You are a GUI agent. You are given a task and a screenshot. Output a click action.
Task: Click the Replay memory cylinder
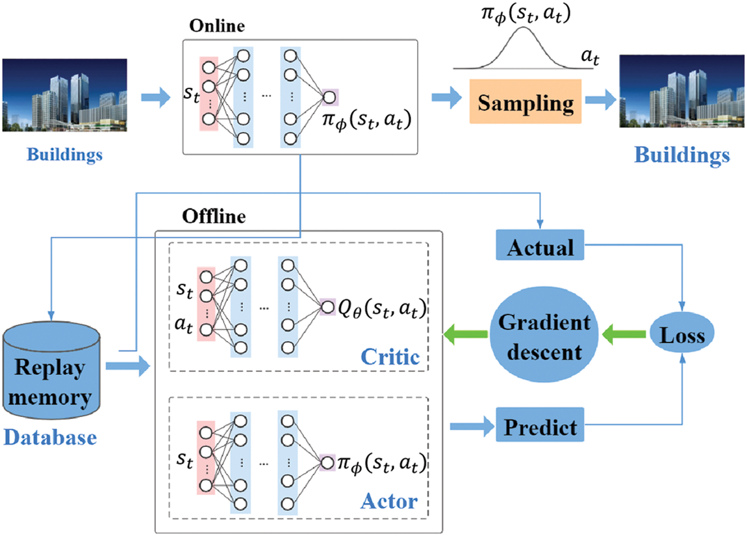[51, 370]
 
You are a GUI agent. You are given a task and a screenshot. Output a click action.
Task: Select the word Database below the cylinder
[49, 437]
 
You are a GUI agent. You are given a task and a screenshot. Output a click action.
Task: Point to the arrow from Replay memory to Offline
[127, 368]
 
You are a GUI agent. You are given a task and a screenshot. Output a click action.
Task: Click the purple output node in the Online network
[329, 97]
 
